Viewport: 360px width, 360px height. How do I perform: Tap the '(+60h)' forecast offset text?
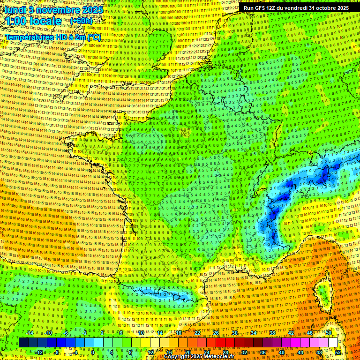(x=81, y=21)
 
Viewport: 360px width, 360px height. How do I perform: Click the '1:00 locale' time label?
(x=33, y=21)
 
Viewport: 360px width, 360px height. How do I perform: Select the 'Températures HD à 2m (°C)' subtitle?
(x=52, y=37)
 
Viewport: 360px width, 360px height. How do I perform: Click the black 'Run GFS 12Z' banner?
(x=296, y=7)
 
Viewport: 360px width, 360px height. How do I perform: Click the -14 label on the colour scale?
(x=30, y=333)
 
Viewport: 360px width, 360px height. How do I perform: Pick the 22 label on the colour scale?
(x=197, y=333)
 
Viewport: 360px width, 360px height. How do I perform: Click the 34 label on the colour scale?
(x=253, y=333)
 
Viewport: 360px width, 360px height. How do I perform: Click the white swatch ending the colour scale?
(x=333, y=343)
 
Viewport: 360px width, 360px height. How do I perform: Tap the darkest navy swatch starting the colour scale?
(x=23, y=343)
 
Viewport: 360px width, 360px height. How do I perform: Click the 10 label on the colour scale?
(x=141, y=333)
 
